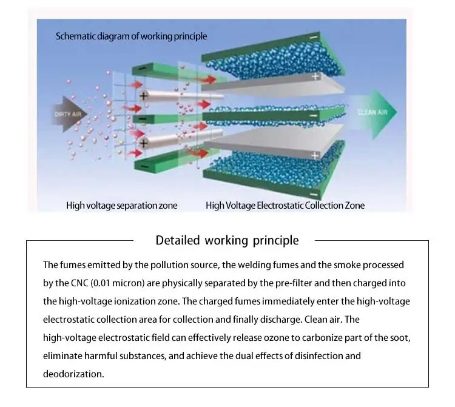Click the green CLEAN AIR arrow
[x=374, y=113]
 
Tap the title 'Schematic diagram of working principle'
[x=132, y=36]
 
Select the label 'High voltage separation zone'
[x=121, y=206]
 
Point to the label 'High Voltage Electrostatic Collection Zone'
[x=285, y=206]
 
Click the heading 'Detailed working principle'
[x=227, y=241]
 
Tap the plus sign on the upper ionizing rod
[x=144, y=96]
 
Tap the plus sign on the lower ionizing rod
[x=144, y=143]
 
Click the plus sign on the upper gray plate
[x=315, y=76]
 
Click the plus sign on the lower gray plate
[x=315, y=155]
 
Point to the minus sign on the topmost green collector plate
[x=314, y=38]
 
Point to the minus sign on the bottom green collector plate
[x=314, y=195]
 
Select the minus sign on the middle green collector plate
[x=314, y=116]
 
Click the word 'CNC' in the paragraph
[x=79, y=283]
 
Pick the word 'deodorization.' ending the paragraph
[x=73, y=374]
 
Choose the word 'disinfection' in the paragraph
[x=318, y=356]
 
